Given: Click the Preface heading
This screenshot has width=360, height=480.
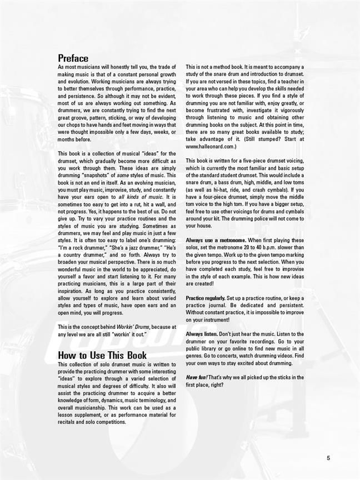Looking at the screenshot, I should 73,58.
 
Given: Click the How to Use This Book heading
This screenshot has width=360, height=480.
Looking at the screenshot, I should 102,355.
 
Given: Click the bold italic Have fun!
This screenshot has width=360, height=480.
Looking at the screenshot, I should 196,377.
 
